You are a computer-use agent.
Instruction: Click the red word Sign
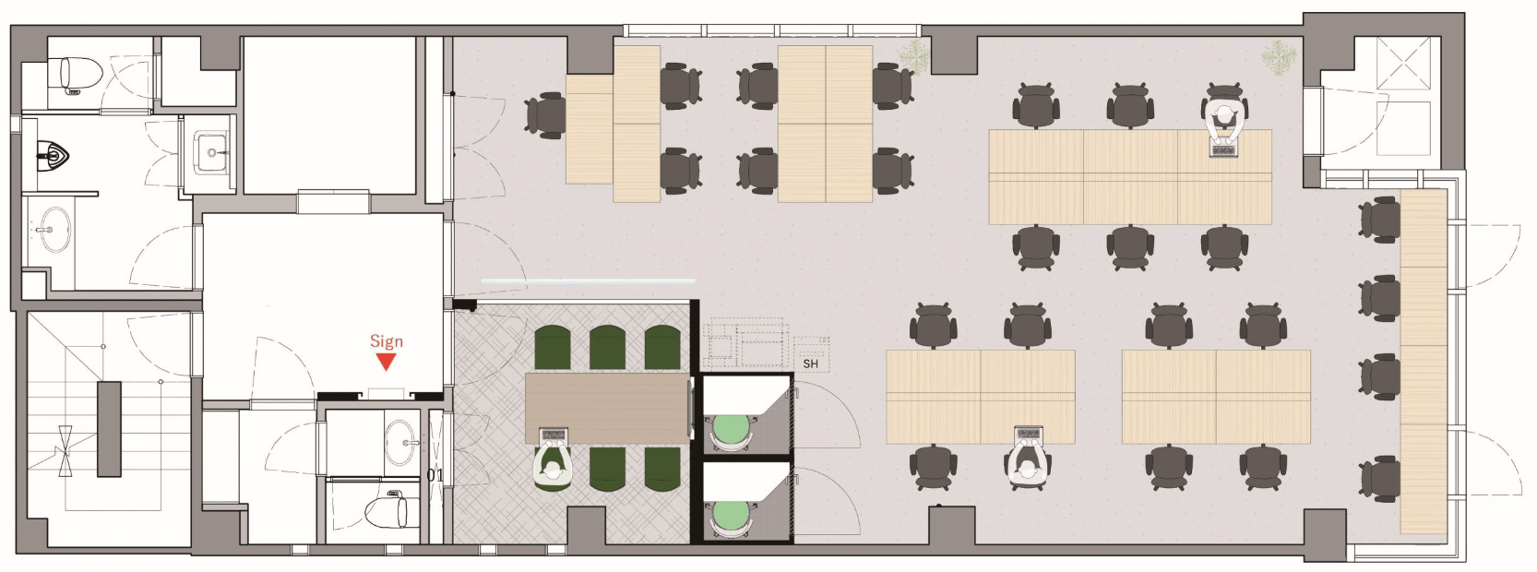(x=387, y=340)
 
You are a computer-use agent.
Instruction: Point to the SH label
(x=810, y=363)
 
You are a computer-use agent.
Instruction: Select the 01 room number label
(x=435, y=474)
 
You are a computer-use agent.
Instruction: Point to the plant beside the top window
(x=914, y=56)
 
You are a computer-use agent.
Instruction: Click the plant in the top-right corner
(x=1279, y=56)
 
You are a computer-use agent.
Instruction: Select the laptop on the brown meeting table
(x=553, y=435)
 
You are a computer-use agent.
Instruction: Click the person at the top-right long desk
(x=1224, y=121)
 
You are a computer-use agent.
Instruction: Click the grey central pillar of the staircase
(x=109, y=429)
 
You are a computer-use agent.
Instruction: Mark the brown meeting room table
(x=607, y=409)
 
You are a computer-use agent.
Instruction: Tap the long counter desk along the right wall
(x=1424, y=362)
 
